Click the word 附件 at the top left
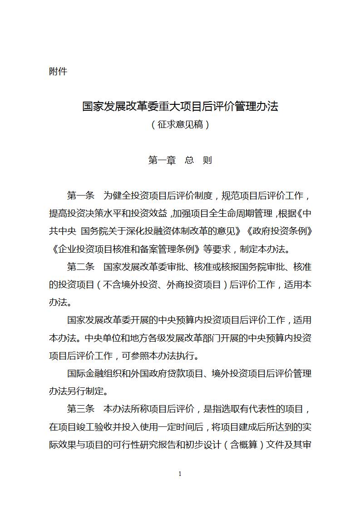click(58, 71)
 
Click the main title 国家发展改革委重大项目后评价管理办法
click(180, 107)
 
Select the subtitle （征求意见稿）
click(180, 124)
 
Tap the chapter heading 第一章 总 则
click(180, 160)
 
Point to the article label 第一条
click(80, 196)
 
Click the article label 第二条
click(80, 266)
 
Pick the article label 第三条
click(80, 408)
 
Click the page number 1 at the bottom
click(180, 474)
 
